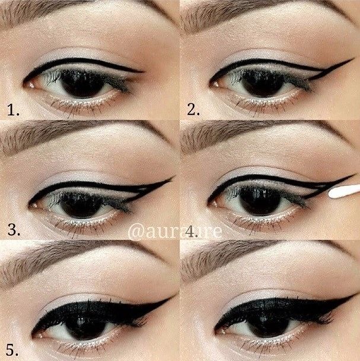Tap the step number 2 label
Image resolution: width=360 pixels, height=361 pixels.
[193, 109]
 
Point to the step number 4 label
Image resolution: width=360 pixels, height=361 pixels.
[193, 229]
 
